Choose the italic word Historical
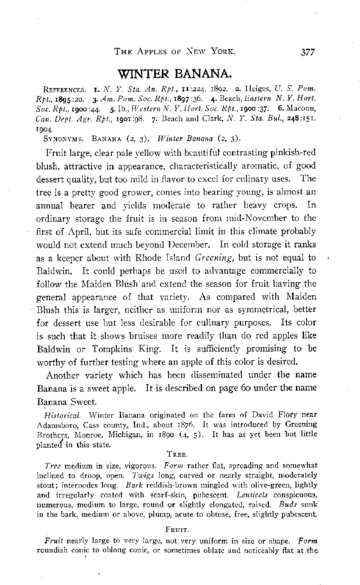(59, 415)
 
